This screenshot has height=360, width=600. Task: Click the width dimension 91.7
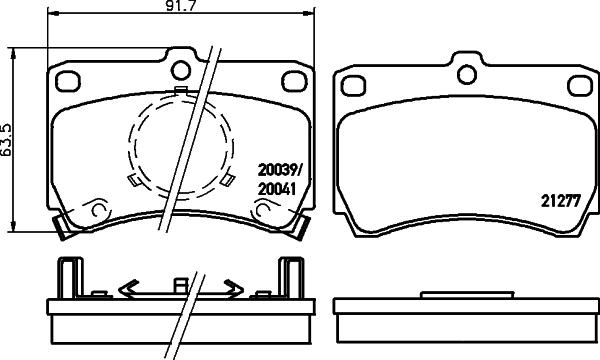point(179,10)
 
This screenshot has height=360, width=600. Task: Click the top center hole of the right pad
point(464,71)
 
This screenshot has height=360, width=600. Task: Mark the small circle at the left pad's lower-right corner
point(267,211)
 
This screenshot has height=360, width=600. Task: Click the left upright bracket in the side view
point(67,280)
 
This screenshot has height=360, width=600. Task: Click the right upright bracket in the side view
point(292,280)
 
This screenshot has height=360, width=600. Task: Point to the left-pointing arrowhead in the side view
point(126,289)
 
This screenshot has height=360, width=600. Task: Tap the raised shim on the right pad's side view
point(464,295)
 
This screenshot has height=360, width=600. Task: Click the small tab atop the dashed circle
point(180,93)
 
